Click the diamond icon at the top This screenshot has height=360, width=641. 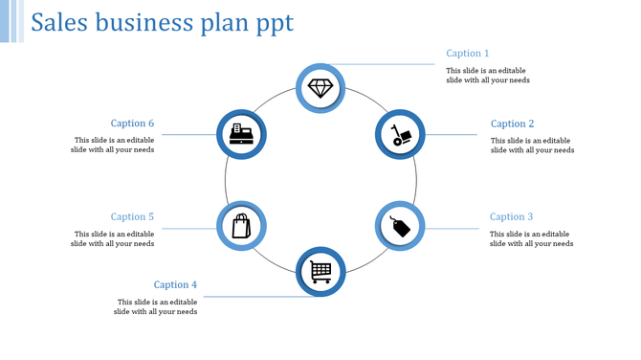pos(320,88)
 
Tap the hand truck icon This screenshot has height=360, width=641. pos(400,135)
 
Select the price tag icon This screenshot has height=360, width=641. pos(399,227)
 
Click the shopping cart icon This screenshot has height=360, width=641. pos(320,272)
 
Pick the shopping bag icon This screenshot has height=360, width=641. pos(241,227)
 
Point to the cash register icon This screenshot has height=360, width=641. pos(241,135)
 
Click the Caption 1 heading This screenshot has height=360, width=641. pos(468,54)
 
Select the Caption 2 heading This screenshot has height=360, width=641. pos(512,124)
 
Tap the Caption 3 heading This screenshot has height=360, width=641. pos(512,217)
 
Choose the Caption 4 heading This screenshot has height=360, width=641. pos(176,284)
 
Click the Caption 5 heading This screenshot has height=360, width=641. pos(132,217)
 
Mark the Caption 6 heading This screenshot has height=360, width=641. pos(132,124)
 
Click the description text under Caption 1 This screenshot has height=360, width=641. pos(488,76)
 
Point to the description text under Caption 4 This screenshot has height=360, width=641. pos(155,306)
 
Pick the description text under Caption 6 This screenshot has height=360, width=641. pos(113,145)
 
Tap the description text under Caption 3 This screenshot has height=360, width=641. pos(531,238)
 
